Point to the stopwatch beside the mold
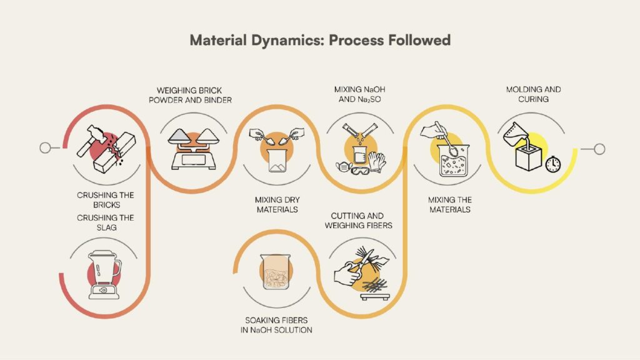552,164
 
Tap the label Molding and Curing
533,94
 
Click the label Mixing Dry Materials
276,205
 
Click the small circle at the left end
44,148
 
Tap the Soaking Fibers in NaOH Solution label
276,325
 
